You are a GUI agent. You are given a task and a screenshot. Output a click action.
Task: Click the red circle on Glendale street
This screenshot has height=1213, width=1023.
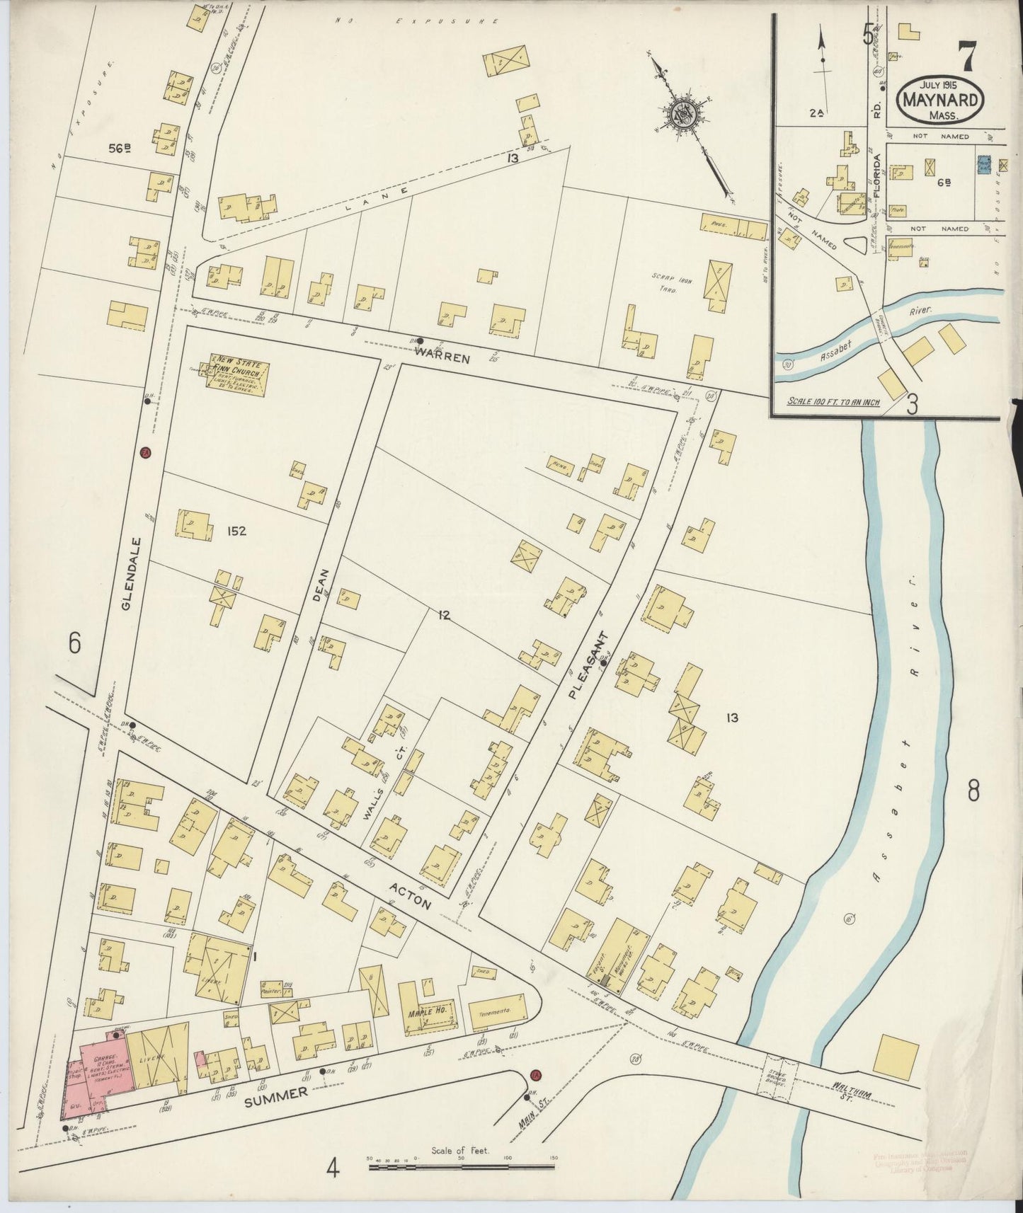click(x=144, y=454)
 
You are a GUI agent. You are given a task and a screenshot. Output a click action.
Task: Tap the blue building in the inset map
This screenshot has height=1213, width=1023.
click(x=983, y=164)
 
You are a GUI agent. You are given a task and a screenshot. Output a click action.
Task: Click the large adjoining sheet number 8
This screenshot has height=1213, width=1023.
click(x=973, y=791)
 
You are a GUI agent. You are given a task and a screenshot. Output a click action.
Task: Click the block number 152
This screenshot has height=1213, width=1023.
click(x=237, y=531)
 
